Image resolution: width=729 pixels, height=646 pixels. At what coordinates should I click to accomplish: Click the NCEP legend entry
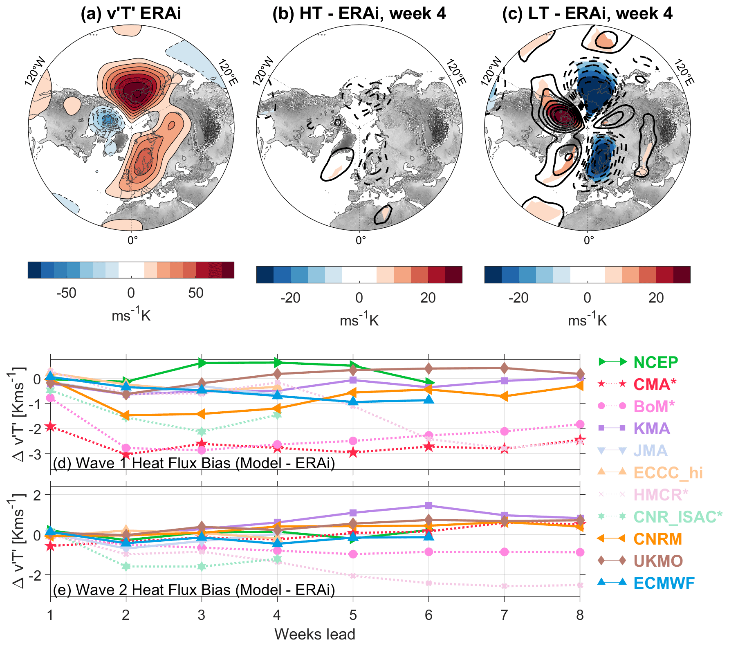(x=655, y=362)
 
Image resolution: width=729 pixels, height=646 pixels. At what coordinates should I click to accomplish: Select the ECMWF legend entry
(x=664, y=583)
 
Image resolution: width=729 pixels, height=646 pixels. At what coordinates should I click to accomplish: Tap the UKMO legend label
(x=658, y=561)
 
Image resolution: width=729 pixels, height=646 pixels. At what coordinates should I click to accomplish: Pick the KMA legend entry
(x=652, y=428)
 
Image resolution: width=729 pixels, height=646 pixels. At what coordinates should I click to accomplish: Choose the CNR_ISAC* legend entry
(x=677, y=517)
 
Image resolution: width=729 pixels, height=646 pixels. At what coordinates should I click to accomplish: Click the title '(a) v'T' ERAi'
(x=131, y=13)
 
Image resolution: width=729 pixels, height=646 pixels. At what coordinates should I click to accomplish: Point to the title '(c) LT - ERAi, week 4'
(x=587, y=13)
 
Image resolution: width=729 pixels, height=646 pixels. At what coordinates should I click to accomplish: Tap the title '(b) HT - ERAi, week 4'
(x=359, y=13)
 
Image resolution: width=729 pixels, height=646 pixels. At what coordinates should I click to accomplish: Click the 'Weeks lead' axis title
(x=315, y=634)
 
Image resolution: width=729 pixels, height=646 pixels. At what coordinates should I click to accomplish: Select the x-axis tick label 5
(x=353, y=615)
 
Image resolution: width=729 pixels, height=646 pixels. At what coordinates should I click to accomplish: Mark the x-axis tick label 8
(x=580, y=615)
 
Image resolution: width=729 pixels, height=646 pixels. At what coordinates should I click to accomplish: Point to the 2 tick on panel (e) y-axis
(x=37, y=495)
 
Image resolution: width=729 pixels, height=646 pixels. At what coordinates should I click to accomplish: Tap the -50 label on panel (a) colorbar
(x=66, y=293)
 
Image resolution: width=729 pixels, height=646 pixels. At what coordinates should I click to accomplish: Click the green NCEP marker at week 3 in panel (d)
(x=202, y=363)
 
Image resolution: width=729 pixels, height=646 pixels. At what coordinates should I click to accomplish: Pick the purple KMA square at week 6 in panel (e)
(x=428, y=506)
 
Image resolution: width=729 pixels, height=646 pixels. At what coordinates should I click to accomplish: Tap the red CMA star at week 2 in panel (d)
(x=126, y=455)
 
